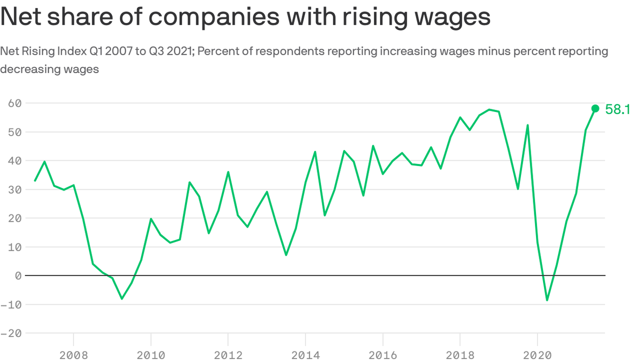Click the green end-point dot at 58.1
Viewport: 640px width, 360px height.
point(595,108)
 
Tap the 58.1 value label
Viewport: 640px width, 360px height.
point(618,109)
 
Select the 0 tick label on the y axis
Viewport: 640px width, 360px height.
point(18,276)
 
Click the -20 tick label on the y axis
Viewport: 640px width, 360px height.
point(11,333)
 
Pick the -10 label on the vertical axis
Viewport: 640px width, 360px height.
point(11,305)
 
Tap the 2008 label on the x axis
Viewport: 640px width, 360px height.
point(74,355)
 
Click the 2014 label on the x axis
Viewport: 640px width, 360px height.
point(305,355)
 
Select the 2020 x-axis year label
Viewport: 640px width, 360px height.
point(537,355)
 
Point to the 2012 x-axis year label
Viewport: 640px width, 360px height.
point(228,355)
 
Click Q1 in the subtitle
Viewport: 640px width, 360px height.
point(96,52)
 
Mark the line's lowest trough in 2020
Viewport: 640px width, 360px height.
point(547,300)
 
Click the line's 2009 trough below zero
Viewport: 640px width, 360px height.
point(122,299)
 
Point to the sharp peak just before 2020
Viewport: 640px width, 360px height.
point(528,125)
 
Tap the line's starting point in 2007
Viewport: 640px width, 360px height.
point(35,181)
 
